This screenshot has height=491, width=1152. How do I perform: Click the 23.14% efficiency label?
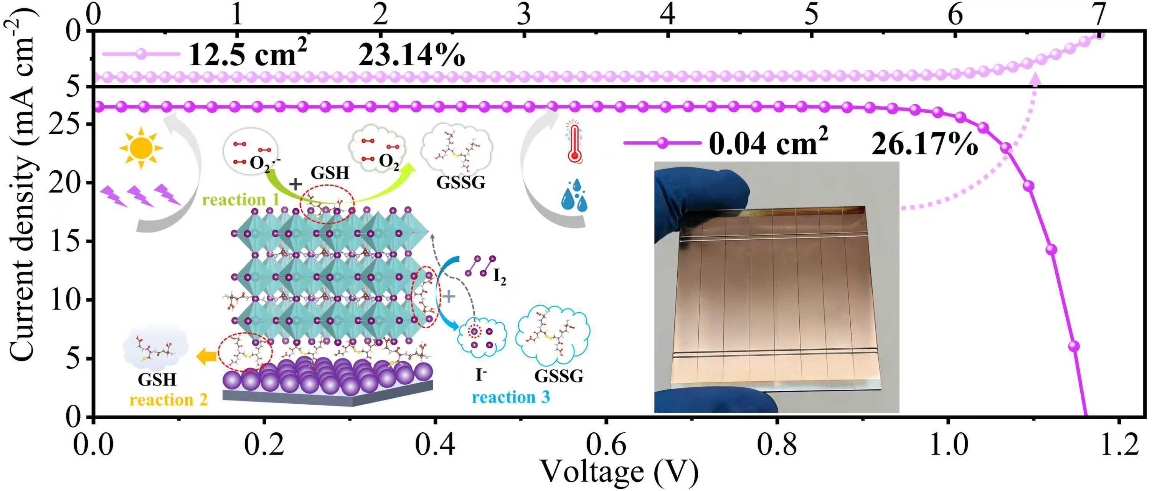click(x=411, y=56)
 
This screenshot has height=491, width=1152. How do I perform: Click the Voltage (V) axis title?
click(x=619, y=473)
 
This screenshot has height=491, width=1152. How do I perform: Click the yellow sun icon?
click(x=141, y=148)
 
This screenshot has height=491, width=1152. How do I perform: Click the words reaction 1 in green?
click(x=241, y=199)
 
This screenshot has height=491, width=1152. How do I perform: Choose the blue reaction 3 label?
click(x=511, y=397)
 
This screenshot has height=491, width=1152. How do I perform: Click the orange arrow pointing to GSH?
click(x=206, y=356)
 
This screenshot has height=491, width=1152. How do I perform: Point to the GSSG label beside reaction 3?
click(x=559, y=376)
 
